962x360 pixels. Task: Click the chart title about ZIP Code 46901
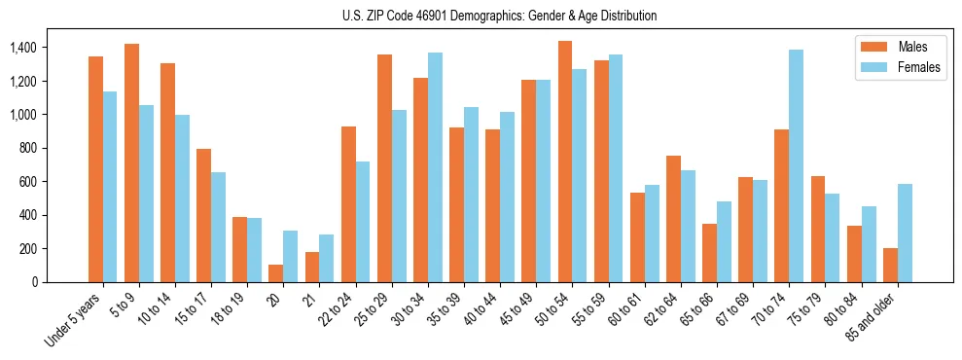[499, 16]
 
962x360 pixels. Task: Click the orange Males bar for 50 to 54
[565, 162]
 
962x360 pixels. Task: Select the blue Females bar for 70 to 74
[797, 165]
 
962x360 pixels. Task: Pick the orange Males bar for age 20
[276, 273]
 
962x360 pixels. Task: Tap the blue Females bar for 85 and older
[905, 233]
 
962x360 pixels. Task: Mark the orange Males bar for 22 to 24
[348, 204]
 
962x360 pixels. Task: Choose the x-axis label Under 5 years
[74, 319]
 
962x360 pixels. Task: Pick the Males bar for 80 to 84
[854, 254]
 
